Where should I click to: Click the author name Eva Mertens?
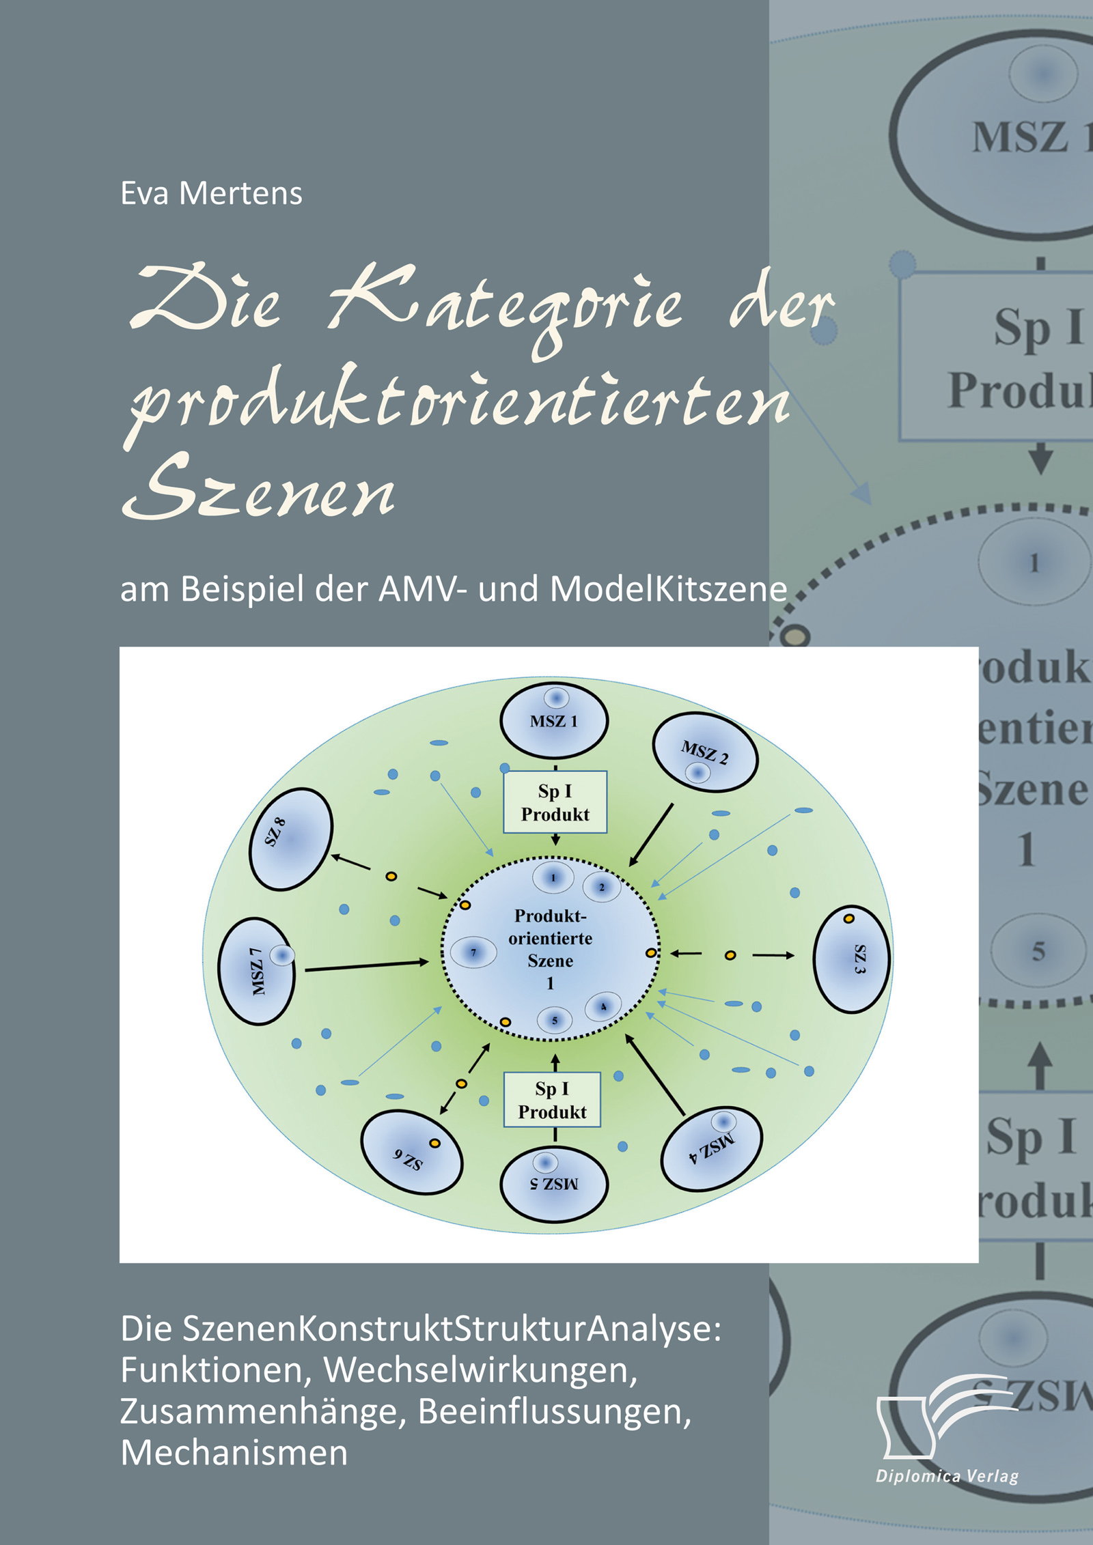[x=211, y=194]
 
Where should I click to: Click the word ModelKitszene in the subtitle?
[x=669, y=589]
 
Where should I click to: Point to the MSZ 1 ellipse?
[x=554, y=720]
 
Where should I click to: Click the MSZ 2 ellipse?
[x=705, y=752]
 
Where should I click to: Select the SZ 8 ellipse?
[x=291, y=840]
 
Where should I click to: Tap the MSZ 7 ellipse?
[x=257, y=972]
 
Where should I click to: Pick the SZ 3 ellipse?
[x=851, y=959]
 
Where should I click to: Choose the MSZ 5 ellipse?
[x=554, y=1185]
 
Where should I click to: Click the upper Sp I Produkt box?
[x=555, y=802]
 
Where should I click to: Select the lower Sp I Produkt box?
[x=553, y=1100]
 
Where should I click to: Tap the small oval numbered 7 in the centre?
[x=473, y=952]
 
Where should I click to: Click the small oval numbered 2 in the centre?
[x=602, y=888]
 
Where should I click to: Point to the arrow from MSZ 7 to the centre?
[x=367, y=965]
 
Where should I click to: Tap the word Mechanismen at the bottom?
[x=234, y=1453]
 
